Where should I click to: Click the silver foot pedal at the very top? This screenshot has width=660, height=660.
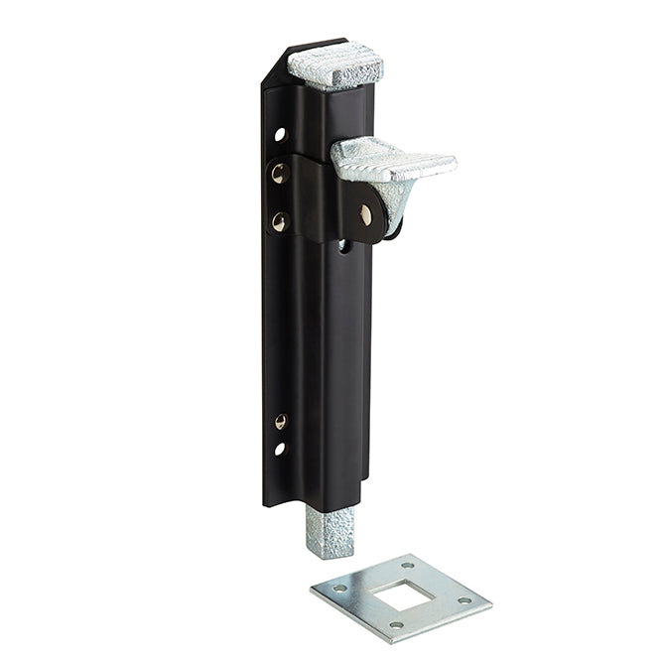(335, 66)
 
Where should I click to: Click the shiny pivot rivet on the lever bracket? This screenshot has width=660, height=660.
(366, 214)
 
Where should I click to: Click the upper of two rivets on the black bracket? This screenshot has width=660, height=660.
(279, 174)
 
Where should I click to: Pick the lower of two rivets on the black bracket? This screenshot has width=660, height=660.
(279, 221)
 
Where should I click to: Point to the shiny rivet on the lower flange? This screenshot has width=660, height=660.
(281, 422)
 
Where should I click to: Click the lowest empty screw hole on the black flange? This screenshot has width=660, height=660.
(280, 449)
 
